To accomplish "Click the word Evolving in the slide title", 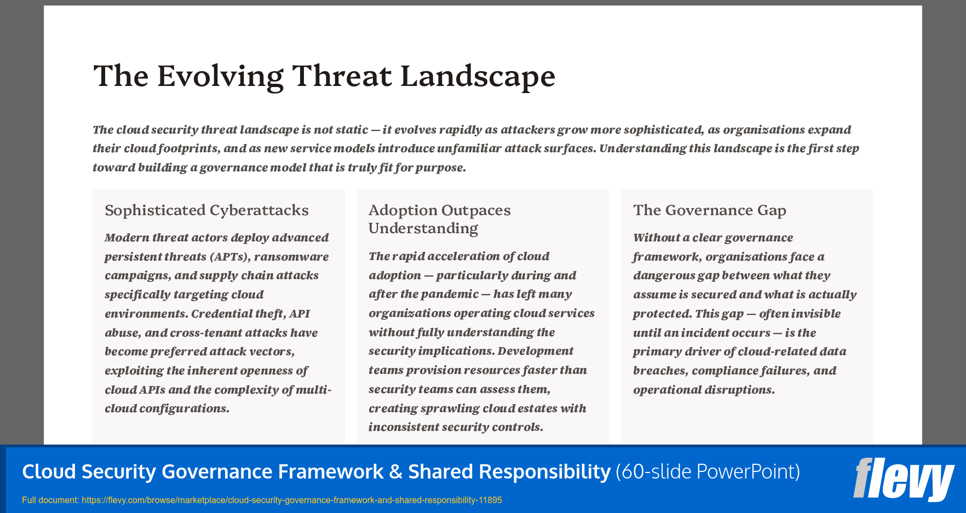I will coord(220,76).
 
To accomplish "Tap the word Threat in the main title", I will coord(342,76).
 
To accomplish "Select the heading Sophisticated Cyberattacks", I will coord(206,210).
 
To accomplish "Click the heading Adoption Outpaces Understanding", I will coord(439,219).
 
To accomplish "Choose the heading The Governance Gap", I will coord(709,210).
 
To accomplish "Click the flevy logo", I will coord(904,479).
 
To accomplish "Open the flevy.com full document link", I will coord(291,500).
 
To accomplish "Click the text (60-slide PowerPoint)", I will coord(708,471).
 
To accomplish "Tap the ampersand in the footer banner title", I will coord(395,471).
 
